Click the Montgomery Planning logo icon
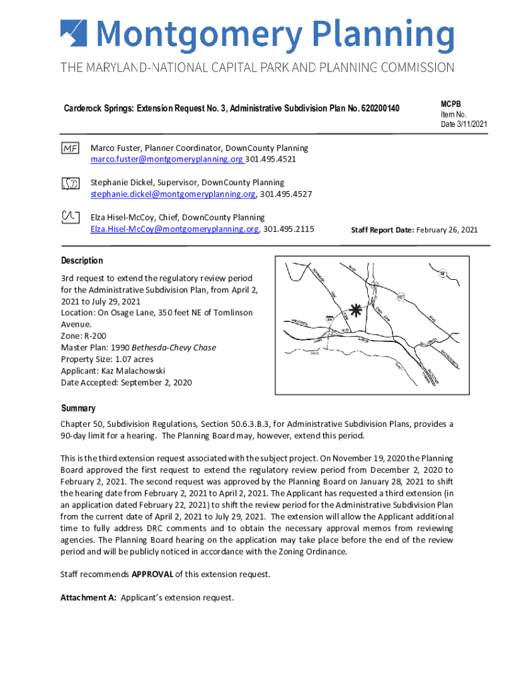click(x=73, y=34)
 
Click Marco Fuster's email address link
click(x=167, y=160)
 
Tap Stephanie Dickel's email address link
click(x=173, y=195)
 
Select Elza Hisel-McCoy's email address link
click(x=174, y=230)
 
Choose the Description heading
click(x=82, y=261)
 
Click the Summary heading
click(x=78, y=408)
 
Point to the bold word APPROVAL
click(x=153, y=574)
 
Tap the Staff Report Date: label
click(x=382, y=230)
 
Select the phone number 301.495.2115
click(x=289, y=230)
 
